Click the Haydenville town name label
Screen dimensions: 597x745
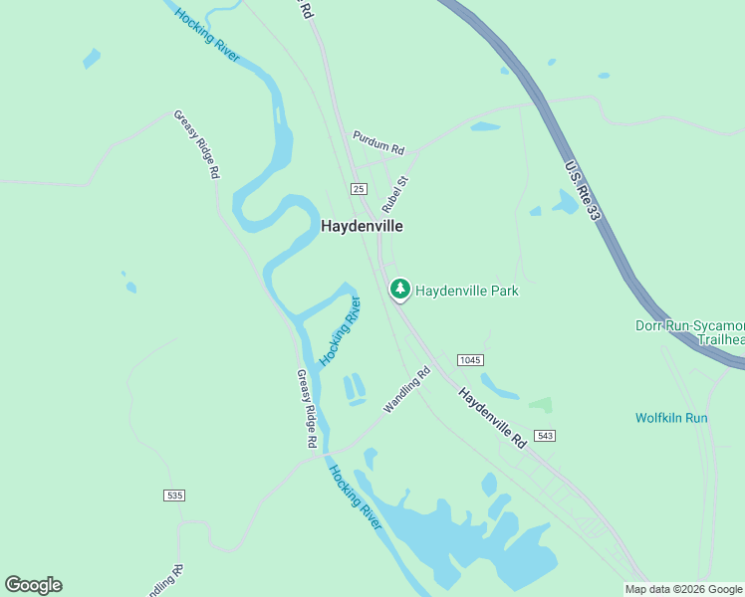point(362,226)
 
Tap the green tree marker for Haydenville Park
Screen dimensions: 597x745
point(400,290)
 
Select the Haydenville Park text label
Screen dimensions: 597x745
point(467,291)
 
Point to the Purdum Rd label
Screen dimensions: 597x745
point(378,142)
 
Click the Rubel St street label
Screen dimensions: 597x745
point(395,195)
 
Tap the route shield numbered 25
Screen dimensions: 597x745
point(360,189)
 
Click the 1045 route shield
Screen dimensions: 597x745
point(470,359)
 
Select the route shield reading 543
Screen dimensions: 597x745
point(544,436)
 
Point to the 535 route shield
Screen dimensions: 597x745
point(175,495)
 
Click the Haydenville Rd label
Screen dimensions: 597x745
point(492,417)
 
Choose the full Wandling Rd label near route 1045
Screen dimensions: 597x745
point(406,390)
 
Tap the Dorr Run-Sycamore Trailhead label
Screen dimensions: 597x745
point(690,332)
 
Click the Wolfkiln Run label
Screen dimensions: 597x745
point(671,418)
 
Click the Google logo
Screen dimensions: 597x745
point(33,584)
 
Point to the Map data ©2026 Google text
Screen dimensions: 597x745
point(683,589)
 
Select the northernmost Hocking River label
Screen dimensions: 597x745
point(206,35)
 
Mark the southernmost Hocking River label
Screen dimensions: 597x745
point(356,497)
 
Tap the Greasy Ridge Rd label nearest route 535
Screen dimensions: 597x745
point(306,408)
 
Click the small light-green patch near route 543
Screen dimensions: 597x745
point(540,405)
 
